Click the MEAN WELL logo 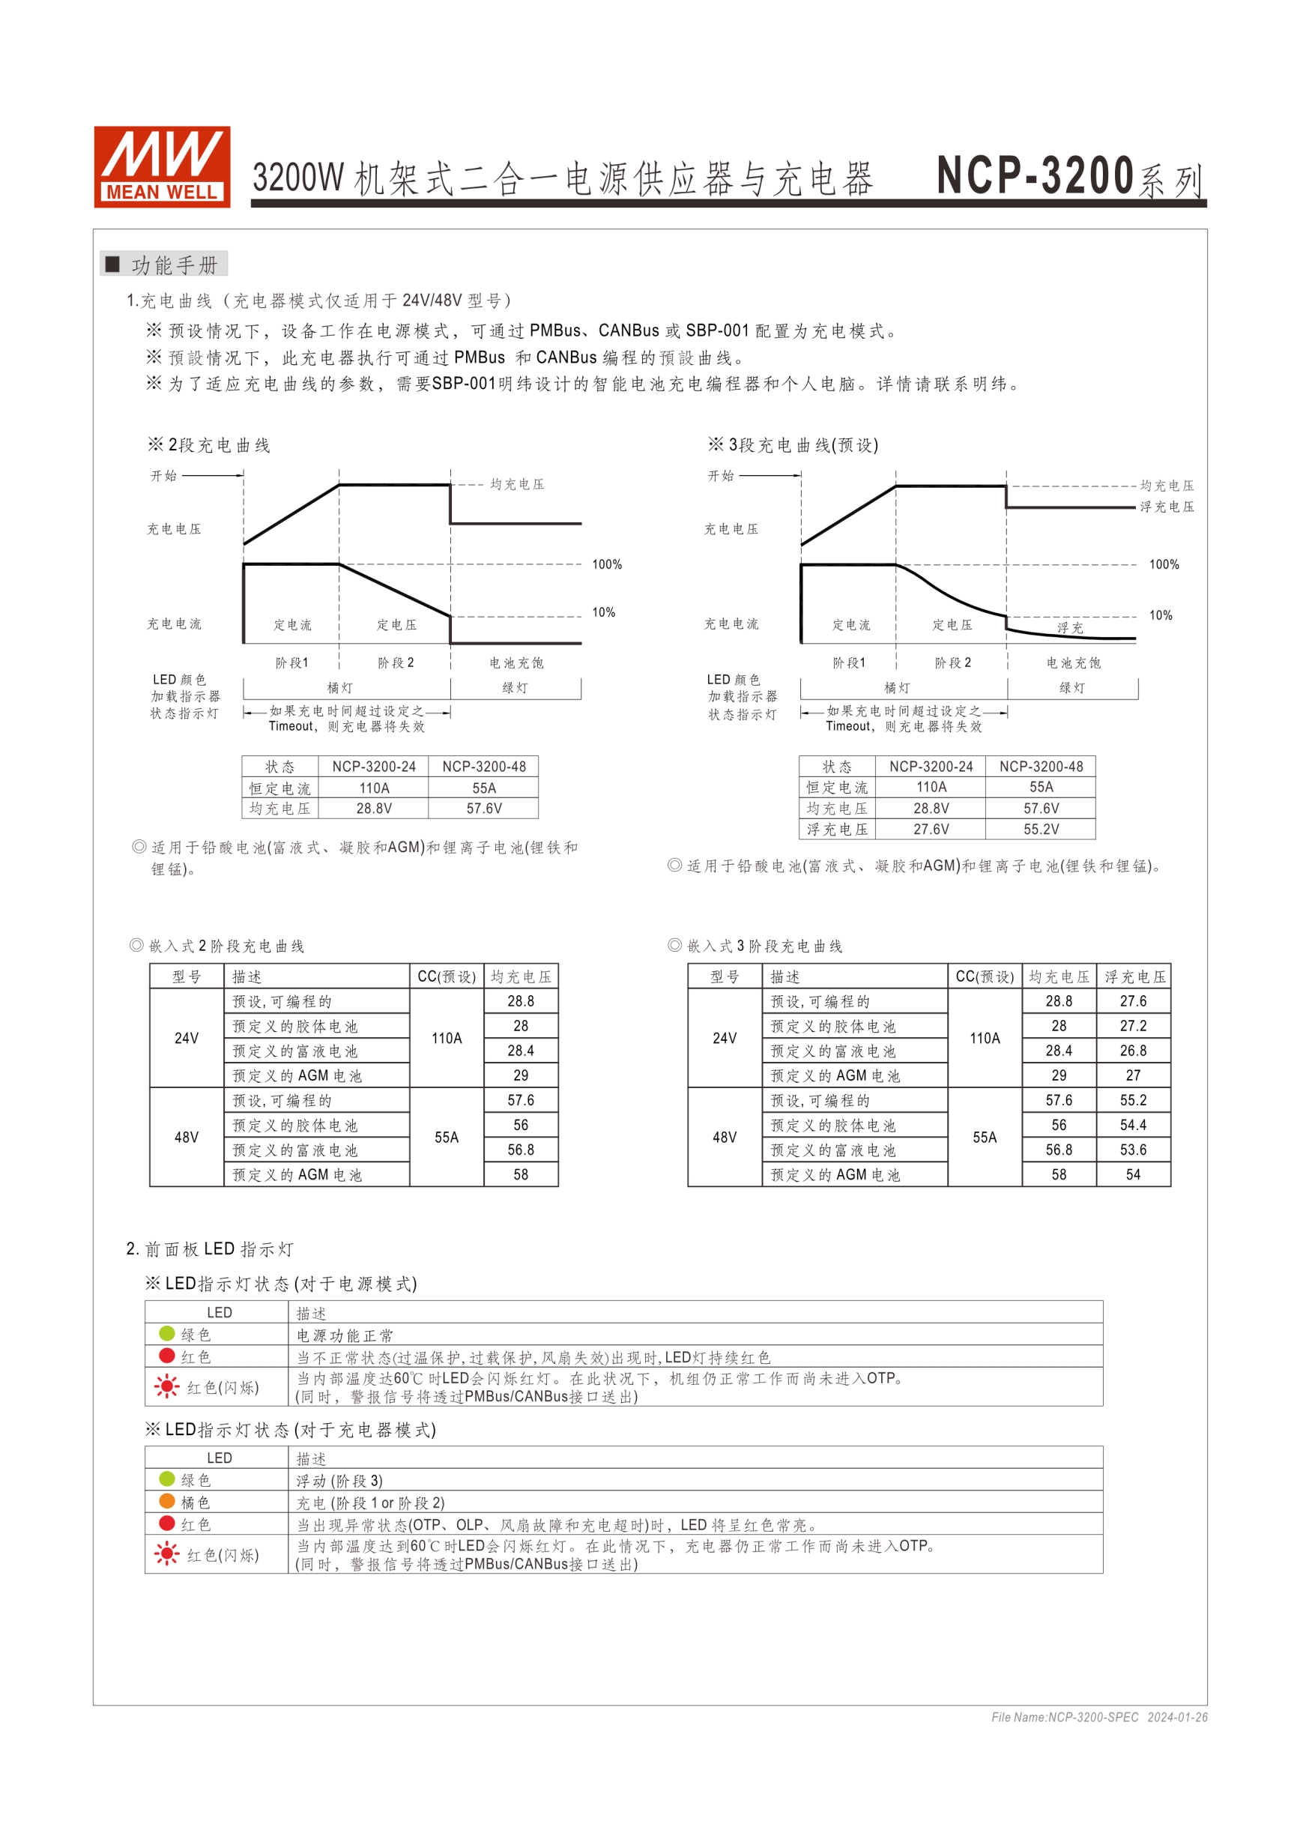pyautogui.click(x=162, y=166)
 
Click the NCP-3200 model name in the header pyautogui.click(x=1035, y=175)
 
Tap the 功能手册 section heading pyautogui.click(x=174, y=265)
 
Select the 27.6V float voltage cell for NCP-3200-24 pyautogui.click(x=931, y=829)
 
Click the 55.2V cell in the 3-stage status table pyautogui.click(x=1041, y=829)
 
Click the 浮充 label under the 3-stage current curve pyautogui.click(x=1069, y=628)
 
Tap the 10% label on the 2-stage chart pyautogui.click(x=603, y=613)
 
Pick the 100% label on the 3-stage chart pyautogui.click(x=1164, y=565)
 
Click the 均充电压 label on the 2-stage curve pyautogui.click(x=517, y=485)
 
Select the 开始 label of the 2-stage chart pyautogui.click(x=164, y=476)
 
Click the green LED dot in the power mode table pyautogui.click(x=166, y=1334)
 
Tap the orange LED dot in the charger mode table pyautogui.click(x=166, y=1501)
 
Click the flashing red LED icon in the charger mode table pyautogui.click(x=166, y=1555)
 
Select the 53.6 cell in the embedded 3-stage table pyautogui.click(x=1133, y=1150)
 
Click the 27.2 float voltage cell pyautogui.click(x=1133, y=1026)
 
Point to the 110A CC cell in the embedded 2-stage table pyautogui.click(x=446, y=1038)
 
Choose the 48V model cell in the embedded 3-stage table pyautogui.click(x=724, y=1138)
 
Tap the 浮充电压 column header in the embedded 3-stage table pyautogui.click(x=1134, y=976)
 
